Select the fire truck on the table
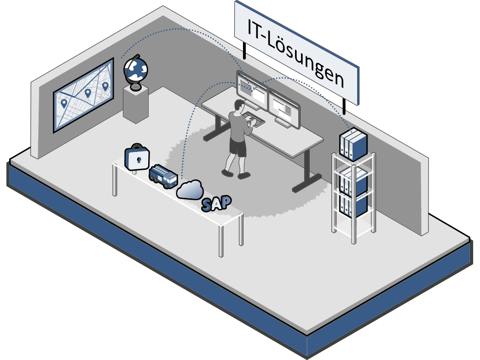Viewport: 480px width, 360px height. [x=163, y=176]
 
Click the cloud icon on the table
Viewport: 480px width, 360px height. [x=190, y=190]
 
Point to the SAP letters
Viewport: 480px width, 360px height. [x=216, y=203]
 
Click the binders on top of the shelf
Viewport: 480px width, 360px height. [x=353, y=144]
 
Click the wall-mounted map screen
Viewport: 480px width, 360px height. [x=83, y=95]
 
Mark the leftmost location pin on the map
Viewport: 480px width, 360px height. [x=64, y=104]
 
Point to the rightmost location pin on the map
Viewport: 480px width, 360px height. [x=105, y=86]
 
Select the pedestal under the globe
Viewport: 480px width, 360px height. [x=136, y=105]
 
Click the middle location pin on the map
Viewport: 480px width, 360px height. [x=87, y=93]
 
